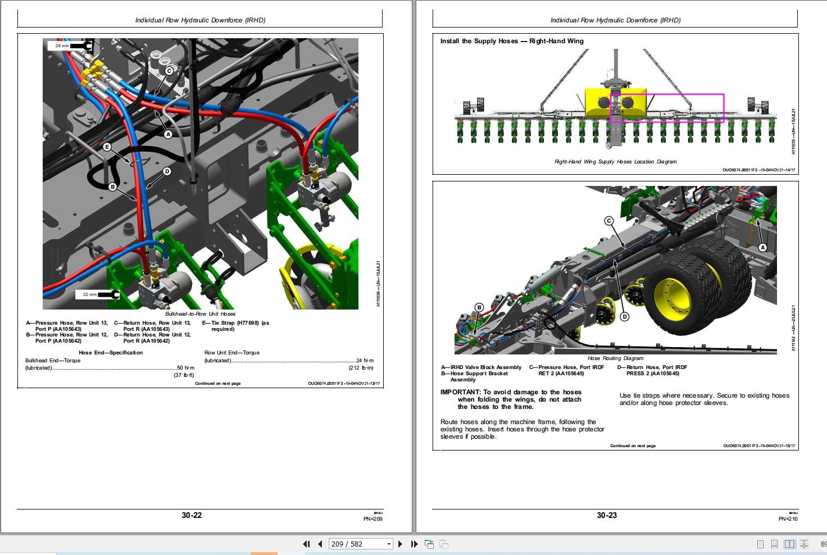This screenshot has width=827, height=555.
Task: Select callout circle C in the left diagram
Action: (x=169, y=71)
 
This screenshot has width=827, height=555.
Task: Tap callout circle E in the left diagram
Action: (x=107, y=147)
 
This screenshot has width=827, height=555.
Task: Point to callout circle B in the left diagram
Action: (x=112, y=187)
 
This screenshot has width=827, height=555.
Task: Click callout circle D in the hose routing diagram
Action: (x=624, y=317)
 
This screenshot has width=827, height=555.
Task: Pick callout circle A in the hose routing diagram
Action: (x=762, y=247)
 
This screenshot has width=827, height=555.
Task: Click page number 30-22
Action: (x=192, y=515)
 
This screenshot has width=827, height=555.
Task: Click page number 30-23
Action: (x=606, y=515)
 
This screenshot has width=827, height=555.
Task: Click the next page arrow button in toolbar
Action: (x=400, y=544)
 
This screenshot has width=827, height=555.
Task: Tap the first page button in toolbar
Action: (x=306, y=544)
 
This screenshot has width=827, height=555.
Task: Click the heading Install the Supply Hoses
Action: (x=511, y=41)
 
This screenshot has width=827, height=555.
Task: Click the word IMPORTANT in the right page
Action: (x=460, y=392)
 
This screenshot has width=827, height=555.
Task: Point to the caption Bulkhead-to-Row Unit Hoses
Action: (x=200, y=314)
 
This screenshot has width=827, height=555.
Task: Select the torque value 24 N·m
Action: (x=365, y=361)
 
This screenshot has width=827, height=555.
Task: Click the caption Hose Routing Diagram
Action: (x=615, y=358)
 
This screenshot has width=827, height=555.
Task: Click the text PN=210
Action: (x=788, y=518)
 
